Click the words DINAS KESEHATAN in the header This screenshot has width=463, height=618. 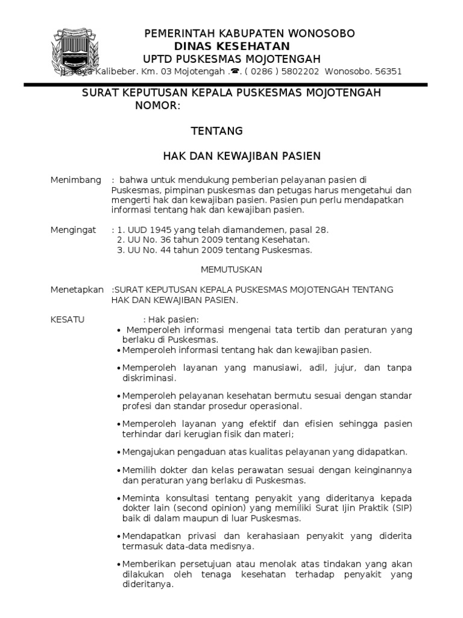(x=232, y=46)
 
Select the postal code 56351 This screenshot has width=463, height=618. (x=388, y=71)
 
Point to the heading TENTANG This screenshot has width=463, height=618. (x=216, y=131)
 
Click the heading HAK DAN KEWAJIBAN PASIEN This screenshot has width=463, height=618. (x=242, y=156)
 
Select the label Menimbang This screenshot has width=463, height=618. (x=74, y=180)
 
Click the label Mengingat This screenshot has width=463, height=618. (x=73, y=230)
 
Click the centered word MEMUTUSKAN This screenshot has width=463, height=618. (x=231, y=270)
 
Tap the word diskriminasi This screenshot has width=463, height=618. (x=149, y=378)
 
